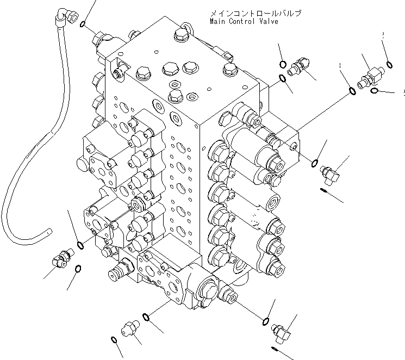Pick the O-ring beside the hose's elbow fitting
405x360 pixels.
(82, 24)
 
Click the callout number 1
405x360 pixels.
(340, 66)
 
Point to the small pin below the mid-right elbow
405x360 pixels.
(324, 190)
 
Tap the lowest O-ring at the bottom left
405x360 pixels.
(113, 340)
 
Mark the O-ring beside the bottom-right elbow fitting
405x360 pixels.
(266, 321)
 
